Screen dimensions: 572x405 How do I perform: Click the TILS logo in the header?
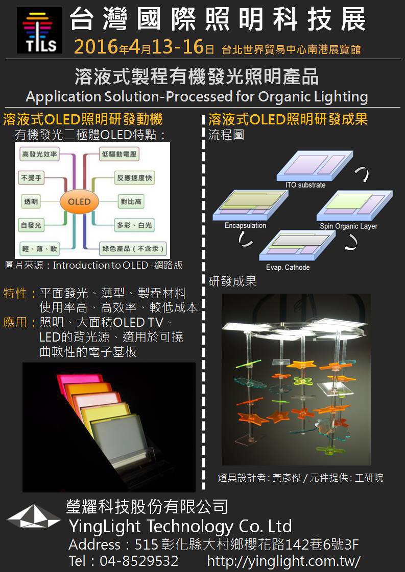tap(39, 30)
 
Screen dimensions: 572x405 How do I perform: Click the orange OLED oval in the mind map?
tap(79, 201)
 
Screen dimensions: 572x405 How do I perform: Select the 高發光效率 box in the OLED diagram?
tap(39, 153)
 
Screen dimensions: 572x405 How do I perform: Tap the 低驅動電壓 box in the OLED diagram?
tap(119, 153)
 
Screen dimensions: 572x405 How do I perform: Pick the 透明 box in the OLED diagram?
tap(31, 201)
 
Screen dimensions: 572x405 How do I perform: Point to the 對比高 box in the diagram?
tap(130, 201)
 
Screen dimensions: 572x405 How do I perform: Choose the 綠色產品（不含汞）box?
tap(133, 249)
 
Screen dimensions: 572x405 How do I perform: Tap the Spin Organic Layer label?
tap(348, 226)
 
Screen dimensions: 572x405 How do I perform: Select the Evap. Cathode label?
tap(288, 267)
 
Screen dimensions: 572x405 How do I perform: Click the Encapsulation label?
tap(245, 225)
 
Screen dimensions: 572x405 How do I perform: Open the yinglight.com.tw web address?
tap(283, 561)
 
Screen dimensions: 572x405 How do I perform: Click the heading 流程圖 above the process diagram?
tap(226, 135)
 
